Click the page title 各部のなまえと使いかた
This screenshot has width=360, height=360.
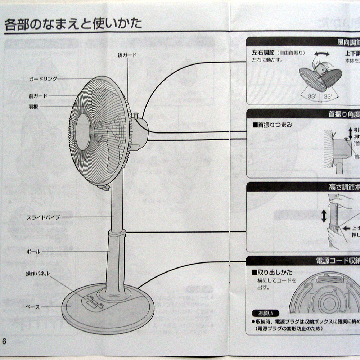pos(73,24)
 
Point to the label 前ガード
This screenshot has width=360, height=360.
pos(38,96)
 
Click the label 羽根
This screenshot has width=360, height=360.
pos(33,107)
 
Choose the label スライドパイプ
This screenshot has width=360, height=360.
pos(43,217)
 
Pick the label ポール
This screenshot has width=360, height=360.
pos(33,252)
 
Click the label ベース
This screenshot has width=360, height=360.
pos(33,307)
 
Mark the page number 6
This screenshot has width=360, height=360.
pos(5,341)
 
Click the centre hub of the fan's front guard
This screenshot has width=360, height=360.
pos(82,132)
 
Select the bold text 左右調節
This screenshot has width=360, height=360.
pos(264,53)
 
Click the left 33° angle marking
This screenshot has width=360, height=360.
pos(312,96)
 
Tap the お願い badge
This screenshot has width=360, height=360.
pos(266,313)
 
